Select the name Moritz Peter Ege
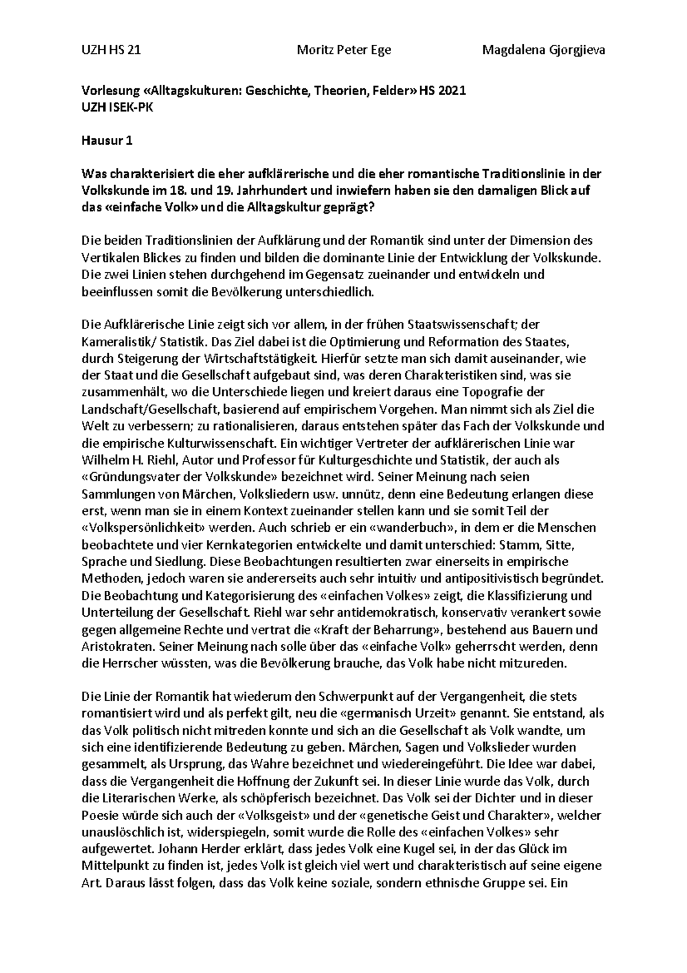click(343, 50)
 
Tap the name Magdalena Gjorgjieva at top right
click(543, 50)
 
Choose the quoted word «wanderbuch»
click(341, 528)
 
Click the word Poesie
click(99, 815)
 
